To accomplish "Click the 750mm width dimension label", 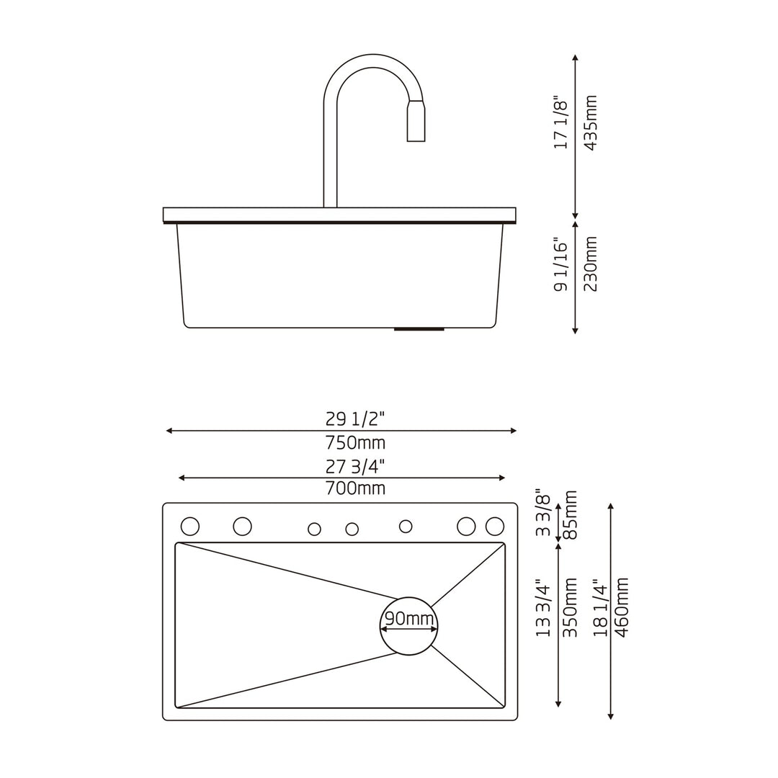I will (355, 442).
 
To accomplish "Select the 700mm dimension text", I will (355, 488).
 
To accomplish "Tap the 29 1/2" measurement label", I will (355, 419).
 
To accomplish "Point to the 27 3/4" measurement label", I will (355, 466).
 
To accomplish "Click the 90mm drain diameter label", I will (409, 618).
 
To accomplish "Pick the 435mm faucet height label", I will (590, 122).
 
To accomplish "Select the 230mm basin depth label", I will (590, 264).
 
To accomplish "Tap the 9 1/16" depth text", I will (561, 264).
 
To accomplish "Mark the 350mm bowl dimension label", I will (570, 607).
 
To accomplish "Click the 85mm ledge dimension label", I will (570, 514).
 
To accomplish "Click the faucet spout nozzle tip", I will (416, 137).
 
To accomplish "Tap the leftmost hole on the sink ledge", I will (190, 527).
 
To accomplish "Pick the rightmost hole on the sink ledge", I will (495, 527).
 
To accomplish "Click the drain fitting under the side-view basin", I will (419, 329).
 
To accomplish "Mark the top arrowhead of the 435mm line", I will (574, 57).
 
